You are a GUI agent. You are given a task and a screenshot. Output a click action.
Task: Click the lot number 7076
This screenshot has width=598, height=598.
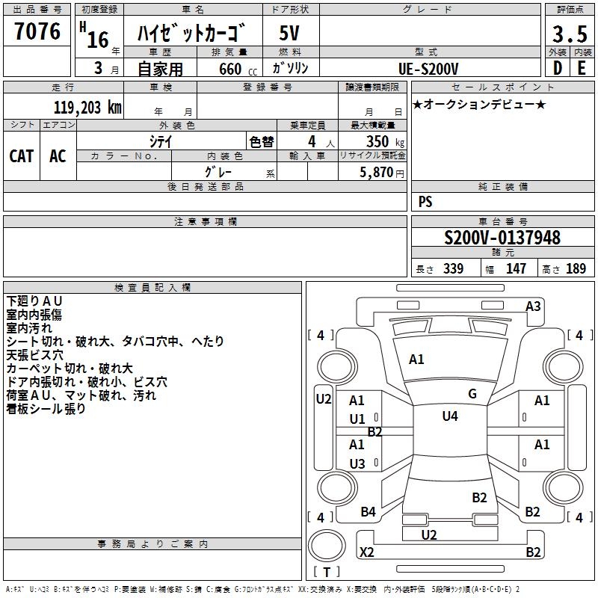coord(37,32)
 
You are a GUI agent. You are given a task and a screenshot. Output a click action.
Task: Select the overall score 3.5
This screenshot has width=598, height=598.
coord(569,34)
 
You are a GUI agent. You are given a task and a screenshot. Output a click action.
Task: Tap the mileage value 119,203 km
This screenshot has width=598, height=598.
coord(87,107)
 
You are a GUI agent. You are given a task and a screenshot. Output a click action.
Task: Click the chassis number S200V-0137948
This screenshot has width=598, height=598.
coord(502,238)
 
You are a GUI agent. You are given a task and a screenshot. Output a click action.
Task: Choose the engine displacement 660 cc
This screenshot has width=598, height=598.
coord(230,69)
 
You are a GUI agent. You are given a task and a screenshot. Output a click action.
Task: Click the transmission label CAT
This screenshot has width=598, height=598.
coord(21,155)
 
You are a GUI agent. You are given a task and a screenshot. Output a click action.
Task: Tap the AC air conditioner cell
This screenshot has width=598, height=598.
coord(58,155)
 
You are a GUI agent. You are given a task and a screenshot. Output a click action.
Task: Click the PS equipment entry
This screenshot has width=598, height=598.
coord(425,202)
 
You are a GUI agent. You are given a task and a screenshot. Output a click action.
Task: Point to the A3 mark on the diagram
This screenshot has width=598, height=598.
coord(533,306)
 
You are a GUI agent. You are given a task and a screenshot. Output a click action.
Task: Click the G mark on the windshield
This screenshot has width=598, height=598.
coord(472,394)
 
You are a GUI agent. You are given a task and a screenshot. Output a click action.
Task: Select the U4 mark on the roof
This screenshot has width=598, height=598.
coord(449,416)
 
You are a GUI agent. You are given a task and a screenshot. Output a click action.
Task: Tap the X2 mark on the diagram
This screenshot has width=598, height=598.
coord(367,552)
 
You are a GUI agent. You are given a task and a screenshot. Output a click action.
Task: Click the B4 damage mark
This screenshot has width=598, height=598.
coord(369,511)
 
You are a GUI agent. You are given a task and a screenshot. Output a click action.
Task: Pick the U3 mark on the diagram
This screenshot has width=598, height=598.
coord(357,464)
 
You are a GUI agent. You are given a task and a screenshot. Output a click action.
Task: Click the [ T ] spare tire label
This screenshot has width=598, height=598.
coord(327,573)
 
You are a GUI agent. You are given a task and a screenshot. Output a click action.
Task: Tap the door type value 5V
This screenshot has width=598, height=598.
coord(289,34)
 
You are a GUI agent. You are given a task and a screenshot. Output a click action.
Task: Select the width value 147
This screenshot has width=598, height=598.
coord(516,268)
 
